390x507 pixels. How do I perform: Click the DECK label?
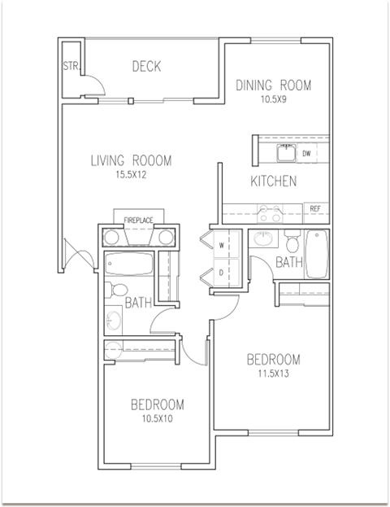pos(146,66)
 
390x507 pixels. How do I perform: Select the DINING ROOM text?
pos(273,85)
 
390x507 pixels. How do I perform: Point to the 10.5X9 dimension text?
pos(273,100)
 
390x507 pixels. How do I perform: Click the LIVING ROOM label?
pos(131,160)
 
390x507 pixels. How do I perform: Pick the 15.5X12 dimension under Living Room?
pos(131,174)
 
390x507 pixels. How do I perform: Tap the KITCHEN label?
pos(273,181)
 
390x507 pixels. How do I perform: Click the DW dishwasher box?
pos(307,153)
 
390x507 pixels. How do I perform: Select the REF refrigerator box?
pos(315,209)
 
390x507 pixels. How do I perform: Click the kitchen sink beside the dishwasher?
pos(285,152)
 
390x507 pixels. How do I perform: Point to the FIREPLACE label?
pos(139,219)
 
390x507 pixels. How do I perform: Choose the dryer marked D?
pos(220,272)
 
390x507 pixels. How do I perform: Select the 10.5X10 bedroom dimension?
pos(157,419)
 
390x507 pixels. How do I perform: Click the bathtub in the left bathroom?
pos(130,264)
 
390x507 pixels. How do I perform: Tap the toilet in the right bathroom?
pos(292,241)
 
